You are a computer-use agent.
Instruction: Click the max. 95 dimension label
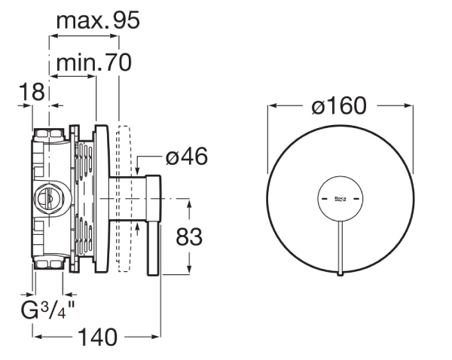(x=98, y=20)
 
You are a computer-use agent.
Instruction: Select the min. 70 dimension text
(x=94, y=63)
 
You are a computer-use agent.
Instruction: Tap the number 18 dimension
(x=32, y=92)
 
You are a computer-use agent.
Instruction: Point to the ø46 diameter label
(x=187, y=156)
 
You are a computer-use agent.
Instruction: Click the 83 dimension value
(x=189, y=236)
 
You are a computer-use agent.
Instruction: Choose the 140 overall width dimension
(x=98, y=337)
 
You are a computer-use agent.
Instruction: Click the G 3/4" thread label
(x=47, y=310)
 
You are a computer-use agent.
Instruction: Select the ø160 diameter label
(x=339, y=105)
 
